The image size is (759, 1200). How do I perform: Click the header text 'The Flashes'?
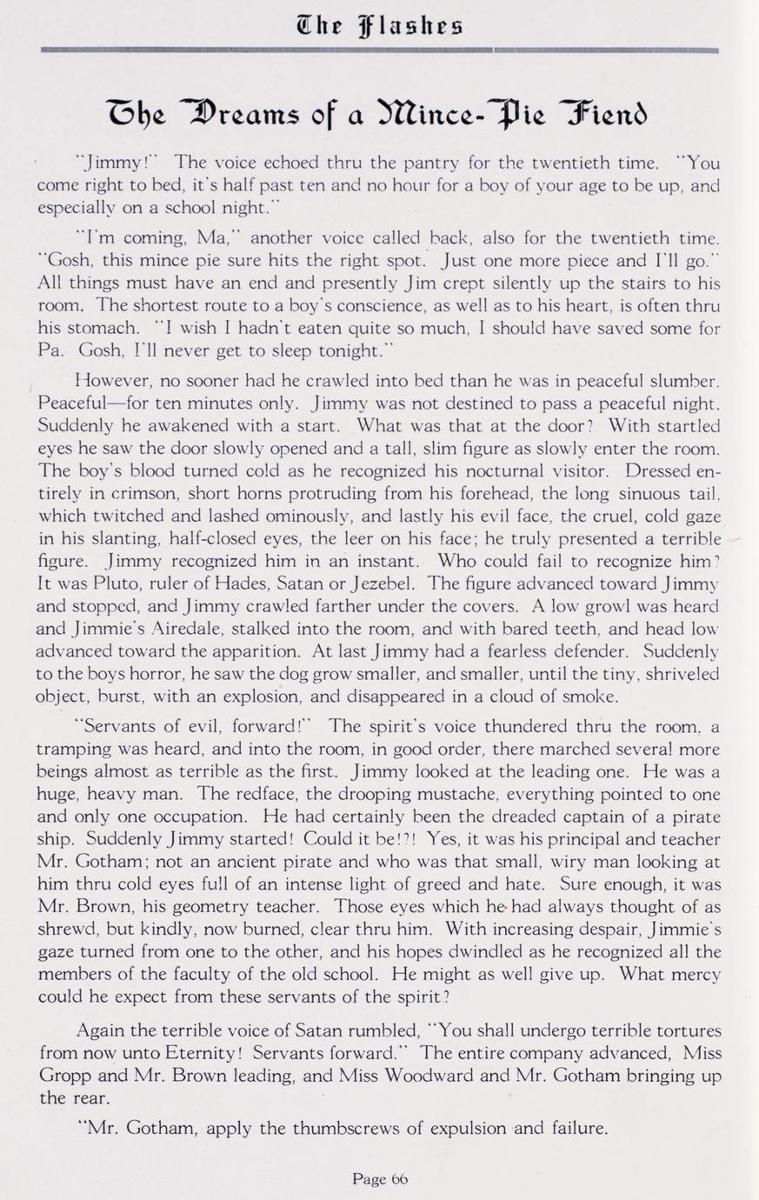click(380, 21)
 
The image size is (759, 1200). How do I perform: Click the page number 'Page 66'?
click(380, 1178)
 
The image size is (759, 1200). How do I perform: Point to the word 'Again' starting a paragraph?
click(103, 1030)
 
